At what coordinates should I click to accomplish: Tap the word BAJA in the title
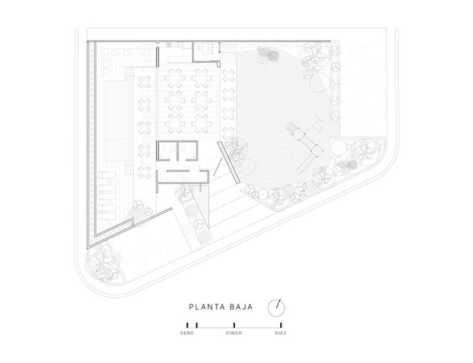tap(241, 307)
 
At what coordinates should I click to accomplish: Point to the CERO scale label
tap(187, 333)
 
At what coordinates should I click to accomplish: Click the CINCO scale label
tap(234, 333)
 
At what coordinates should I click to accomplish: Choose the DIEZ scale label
tap(281, 333)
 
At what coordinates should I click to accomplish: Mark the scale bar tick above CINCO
tap(234, 325)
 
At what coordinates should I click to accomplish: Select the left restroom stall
tap(167, 151)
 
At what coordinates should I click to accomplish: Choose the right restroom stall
tap(189, 151)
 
